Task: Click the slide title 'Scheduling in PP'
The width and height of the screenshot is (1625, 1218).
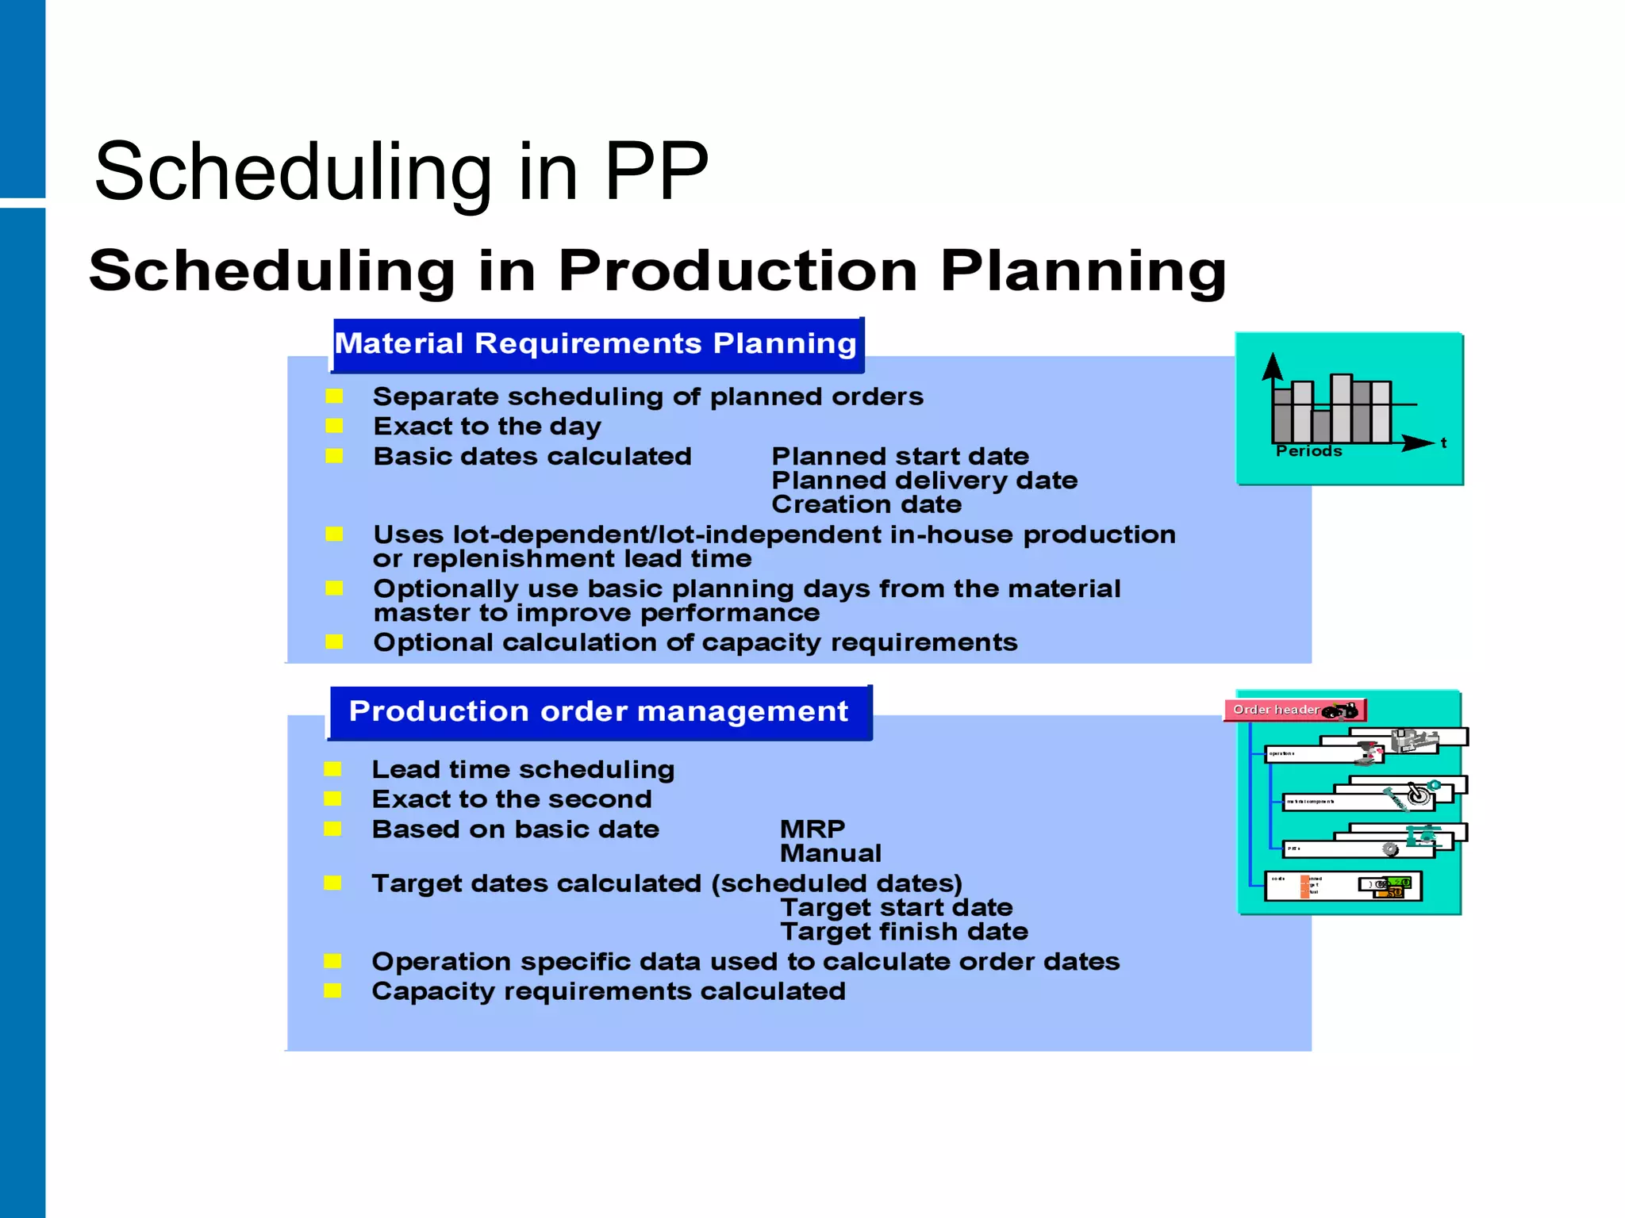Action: tap(401, 171)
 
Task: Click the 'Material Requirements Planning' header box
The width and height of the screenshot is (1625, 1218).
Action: tap(596, 344)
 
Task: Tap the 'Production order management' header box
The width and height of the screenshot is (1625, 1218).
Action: tap(599, 712)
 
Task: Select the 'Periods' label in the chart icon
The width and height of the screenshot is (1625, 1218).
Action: tap(1308, 451)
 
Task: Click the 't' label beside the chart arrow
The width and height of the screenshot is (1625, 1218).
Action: tap(1443, 443)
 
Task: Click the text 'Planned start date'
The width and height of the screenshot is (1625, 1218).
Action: tap(900, 457)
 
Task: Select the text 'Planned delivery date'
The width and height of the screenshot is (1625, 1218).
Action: tap(924, 481)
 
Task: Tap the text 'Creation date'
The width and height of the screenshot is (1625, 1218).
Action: tap(866, 504)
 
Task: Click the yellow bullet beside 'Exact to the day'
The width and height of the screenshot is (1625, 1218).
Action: tap(334, 427)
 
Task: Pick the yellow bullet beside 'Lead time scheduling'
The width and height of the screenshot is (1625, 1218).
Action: tap(332, 769)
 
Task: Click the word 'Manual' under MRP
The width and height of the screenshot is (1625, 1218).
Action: tap(831, 853)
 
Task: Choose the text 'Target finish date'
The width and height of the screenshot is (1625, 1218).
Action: tap(904, 932)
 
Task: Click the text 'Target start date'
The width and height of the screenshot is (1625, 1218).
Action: tap(897, 908)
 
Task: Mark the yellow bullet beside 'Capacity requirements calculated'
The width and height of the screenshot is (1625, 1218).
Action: tap(332, 991)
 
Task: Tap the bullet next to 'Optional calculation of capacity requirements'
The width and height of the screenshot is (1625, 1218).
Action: tap(334, 642)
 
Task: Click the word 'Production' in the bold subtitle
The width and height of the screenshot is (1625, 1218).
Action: tap(738, 271)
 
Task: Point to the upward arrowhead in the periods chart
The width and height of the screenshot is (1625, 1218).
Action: tap(1273, 366)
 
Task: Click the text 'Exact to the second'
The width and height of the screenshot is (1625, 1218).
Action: tap(512, 799)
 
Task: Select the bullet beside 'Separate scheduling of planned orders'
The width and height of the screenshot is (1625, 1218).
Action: tap(334, 396)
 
